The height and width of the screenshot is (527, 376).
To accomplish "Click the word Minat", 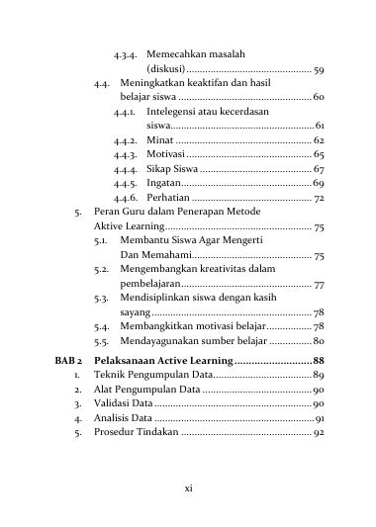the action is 159,140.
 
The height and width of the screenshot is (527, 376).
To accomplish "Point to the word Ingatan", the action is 163,184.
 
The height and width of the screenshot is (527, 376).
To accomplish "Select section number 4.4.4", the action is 124,169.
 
